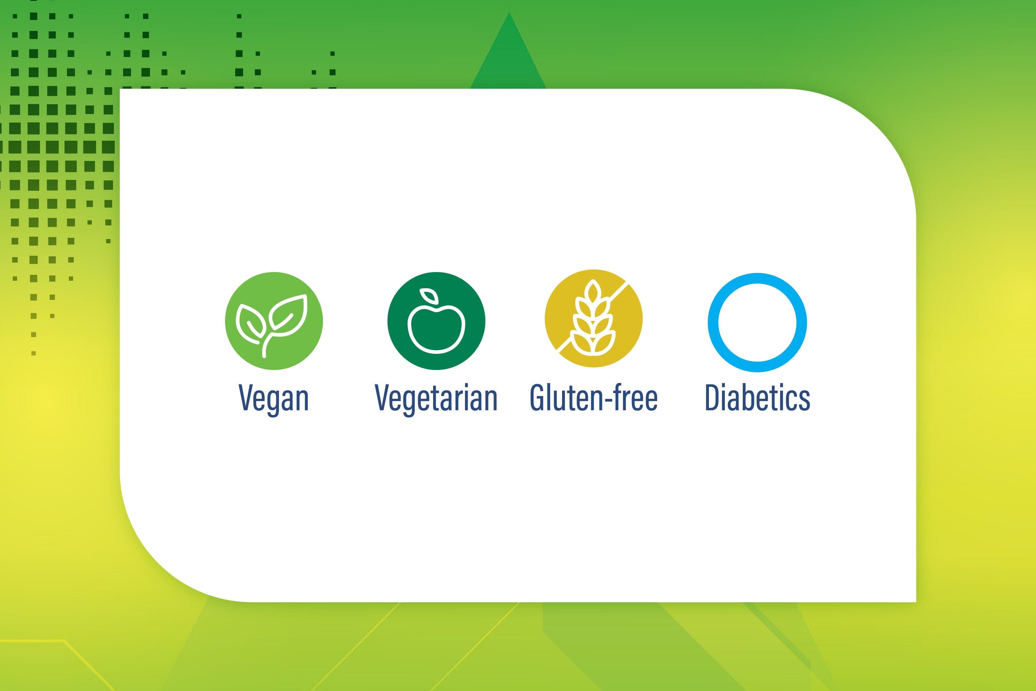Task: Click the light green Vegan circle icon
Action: (274, 321)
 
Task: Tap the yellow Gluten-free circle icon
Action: (593, 318)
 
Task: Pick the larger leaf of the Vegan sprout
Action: (289, 315)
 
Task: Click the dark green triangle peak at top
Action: (509, 13)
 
